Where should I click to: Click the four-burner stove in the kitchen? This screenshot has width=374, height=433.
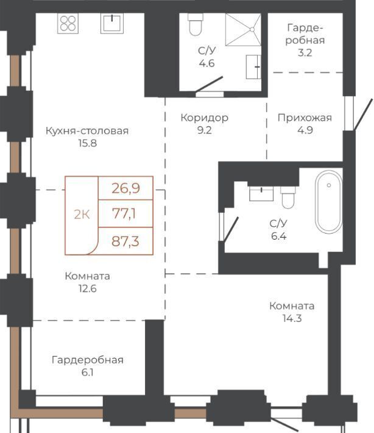pyautogui.click(x=68, y=23)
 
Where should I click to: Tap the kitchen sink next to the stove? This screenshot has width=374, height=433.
pyautogui.click(x=111, y=23)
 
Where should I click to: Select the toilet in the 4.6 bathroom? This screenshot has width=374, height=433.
pyautogui.click(x=196, y=24)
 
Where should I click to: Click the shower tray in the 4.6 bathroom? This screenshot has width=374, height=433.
pyautogui.click(x=243, y=29)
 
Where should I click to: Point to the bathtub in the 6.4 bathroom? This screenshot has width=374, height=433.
pyautogui.click(x=329, y=202)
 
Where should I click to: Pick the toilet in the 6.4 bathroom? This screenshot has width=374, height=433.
pyautogui.click(x=288, y=198)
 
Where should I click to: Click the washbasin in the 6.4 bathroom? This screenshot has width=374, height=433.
pyautogui.click(x=261, y=193)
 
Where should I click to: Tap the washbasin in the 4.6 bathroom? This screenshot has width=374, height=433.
pyautogui.click(x=253, y=67)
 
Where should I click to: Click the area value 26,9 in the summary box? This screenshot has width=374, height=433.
pyautogui.click(x=125, y=188)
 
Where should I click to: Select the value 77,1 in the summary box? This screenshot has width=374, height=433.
pyautogui.click(x=124, y=213)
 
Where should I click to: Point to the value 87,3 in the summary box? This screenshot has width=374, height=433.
pyautogui.click(x=125, y=242)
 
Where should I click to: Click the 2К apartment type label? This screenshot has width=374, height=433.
pyautogui.click(x=82, y=214)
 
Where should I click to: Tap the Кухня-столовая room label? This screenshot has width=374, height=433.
pyautogui.click(x=87, y=131)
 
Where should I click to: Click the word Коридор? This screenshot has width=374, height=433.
pyautogui.click(x=205, y=118)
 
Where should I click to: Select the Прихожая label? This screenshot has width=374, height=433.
pyautogui.click(x=305, y=118)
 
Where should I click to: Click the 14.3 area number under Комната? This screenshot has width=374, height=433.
pyautogui.click(x=292, y=318)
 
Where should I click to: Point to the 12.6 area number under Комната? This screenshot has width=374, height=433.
pyautogui.click(x=88, y=289)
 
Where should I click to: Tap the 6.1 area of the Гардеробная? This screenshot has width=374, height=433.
pyautogui.click(x=88, y=373)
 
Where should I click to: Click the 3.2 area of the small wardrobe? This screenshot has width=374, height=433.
pyautogui.click(x=305, y=52)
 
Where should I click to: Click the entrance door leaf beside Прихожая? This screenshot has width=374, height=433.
pyautogui.click(x=364, y=114)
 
